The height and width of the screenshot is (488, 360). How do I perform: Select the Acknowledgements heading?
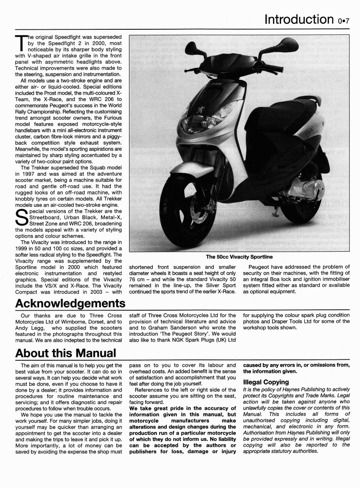tap(70, 304)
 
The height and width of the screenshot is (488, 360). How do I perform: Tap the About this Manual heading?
tap(65, 353)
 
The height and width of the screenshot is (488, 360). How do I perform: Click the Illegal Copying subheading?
tap(266, 382)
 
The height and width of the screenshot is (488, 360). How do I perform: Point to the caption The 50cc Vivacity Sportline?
tap(239, 257)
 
